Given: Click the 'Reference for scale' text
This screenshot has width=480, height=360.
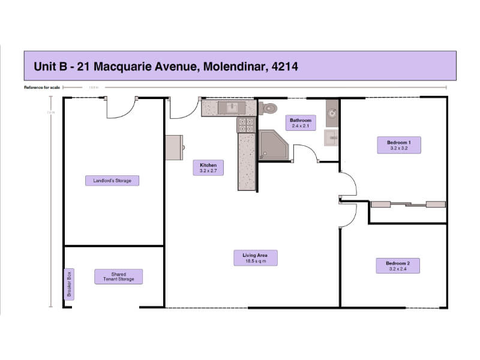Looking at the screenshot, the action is [x=42, y=88].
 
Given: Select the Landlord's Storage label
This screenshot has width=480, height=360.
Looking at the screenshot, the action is [x=112, y=180].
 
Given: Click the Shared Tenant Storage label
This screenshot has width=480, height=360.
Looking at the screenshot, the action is [x=118, y=277].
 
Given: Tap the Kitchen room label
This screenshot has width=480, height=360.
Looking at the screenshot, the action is [x=208, y=167].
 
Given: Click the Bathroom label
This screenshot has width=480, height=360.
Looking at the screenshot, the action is [x=299, y=122].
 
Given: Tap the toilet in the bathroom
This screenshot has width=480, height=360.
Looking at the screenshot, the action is [x=269, y=108].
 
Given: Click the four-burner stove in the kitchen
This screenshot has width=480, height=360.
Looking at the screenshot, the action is [x=246, y=124].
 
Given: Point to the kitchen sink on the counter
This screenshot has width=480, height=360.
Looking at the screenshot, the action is [x=231, y=107].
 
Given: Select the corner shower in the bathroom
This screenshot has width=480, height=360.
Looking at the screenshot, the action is [x=273, y=146].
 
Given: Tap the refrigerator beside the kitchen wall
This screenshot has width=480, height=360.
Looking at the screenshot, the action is [x=175, y=147].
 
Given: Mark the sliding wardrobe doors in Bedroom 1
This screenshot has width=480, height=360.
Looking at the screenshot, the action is [x=407, y=205].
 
